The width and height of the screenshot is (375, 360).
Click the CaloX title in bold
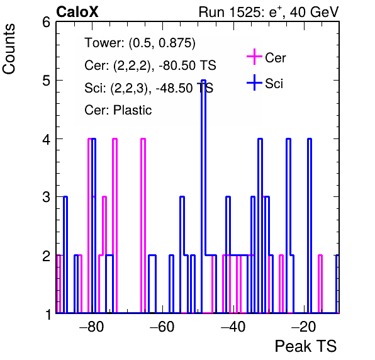[77, 12]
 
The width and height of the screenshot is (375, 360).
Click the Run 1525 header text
[269, 12]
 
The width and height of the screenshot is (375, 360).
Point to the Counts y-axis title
[9, 49]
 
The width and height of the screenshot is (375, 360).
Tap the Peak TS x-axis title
[306, 346]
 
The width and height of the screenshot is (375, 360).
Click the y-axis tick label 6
[46, 23]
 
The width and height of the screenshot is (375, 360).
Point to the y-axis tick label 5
[46, 81]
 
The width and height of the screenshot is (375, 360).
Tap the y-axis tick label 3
[46, 197]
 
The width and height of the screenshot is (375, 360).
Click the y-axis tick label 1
[48, 314]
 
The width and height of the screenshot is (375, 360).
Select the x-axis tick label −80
[92, 327]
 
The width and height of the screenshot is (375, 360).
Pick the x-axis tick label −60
[162, 327]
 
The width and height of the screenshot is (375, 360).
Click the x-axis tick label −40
[233, 327]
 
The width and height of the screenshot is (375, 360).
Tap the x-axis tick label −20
[304, 327]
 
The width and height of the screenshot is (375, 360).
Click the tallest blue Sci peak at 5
[203, 81]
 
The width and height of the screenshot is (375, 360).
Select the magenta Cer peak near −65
[143, 138]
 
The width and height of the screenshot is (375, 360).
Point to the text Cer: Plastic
[118, 110]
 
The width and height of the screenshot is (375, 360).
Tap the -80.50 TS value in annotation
[187, 65]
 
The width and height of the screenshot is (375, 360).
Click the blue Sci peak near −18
[310, 138]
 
